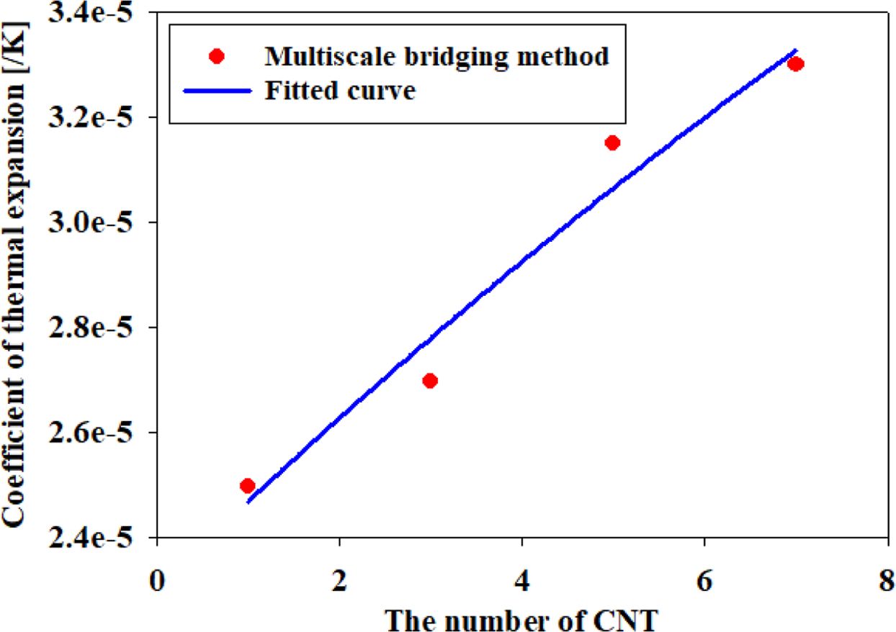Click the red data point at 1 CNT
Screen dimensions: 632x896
[x=247, y=486]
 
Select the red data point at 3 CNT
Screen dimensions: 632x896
[x=430, y=381]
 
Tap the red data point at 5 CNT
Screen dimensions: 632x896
[x=612, y=143]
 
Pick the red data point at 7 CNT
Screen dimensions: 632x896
[x=795, y=64]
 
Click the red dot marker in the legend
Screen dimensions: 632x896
[x=215, y=56]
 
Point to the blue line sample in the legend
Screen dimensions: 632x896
[x=215, y=91]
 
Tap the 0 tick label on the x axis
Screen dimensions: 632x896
[x=156, y=579]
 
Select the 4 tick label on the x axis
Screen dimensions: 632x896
[x=521, y=579]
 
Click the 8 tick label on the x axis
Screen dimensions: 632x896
[x=887, y=579]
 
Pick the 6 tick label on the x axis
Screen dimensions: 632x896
[x=704, y=579]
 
